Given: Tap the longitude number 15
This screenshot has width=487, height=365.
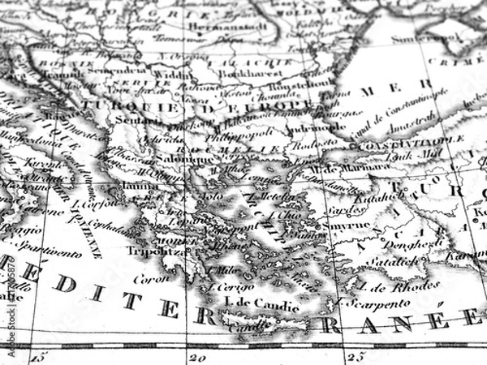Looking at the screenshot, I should (x=39, y=354).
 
